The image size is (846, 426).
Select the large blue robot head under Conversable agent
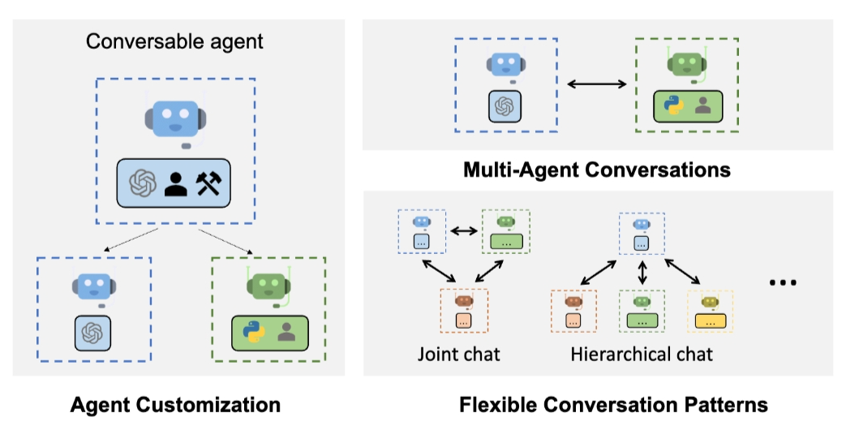tap(176, 121)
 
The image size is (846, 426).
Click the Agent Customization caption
tap(175, 404)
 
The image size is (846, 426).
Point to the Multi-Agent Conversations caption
tap(597, 170)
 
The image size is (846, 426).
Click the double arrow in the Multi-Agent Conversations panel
tap(596, 84)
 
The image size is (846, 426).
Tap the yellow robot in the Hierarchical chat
tap(710, 302)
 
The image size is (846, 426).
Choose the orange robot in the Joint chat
tap(463, 302)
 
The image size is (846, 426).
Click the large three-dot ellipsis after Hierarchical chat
tap(783, 282)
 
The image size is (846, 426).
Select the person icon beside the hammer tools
tap(176, 185)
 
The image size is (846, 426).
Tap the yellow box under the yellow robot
tap(710, 321)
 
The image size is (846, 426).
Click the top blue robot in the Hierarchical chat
tap(642, 223)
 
